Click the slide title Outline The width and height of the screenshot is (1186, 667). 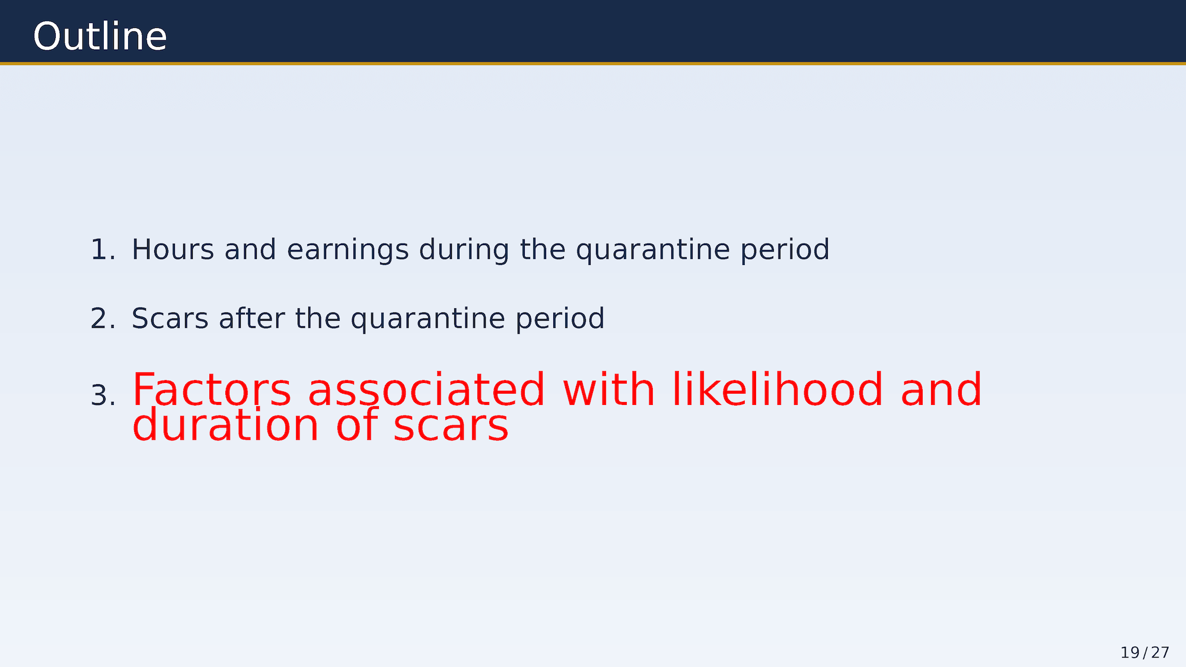click(100, 37)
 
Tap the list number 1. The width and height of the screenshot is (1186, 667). click(103, 250)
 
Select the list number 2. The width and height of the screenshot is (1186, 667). click(103, 319)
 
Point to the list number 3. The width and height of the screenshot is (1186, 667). click(103, 395)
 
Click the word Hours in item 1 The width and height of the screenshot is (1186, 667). click(173, 250)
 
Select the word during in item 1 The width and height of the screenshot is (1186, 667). click(464, 250)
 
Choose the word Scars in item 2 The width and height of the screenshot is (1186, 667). click(170, 319)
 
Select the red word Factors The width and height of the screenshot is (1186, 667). click(212, 390)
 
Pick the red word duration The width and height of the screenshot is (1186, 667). click(226, 425)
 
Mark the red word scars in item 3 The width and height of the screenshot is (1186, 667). click(451, 426)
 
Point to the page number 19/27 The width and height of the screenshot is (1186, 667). click(1144, 653)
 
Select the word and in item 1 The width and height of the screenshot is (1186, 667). click(250, 250)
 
